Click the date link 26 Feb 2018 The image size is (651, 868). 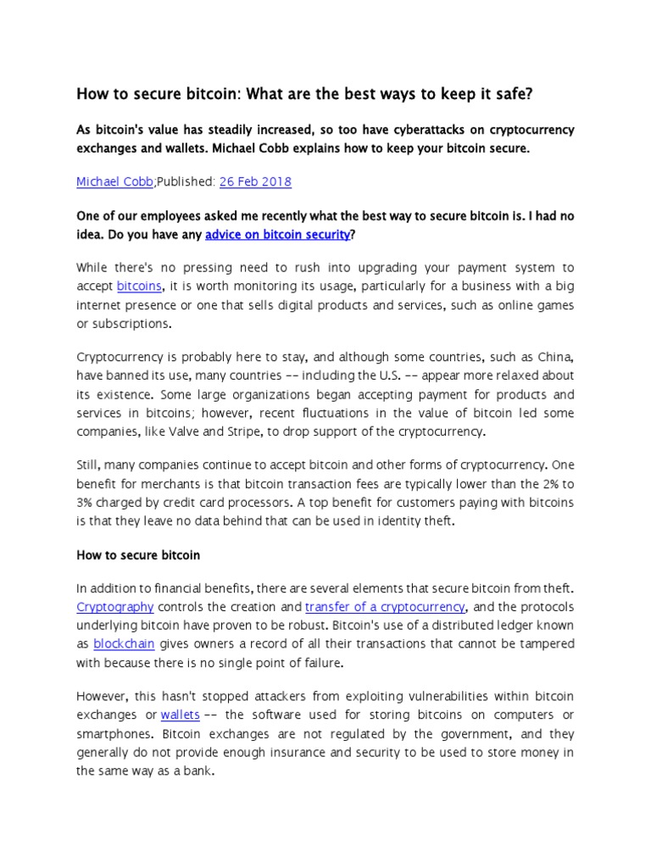pos(256,181)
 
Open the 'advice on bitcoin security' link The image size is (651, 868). pos(277,234)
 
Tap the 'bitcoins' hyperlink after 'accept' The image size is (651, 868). pos(139,287)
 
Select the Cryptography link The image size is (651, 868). pos(114,606)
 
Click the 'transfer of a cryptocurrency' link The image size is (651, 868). pos(385,606)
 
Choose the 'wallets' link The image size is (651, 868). pos(179,715)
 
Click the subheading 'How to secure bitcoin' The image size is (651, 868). pos(138,555)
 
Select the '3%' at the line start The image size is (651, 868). pos(86,503)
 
